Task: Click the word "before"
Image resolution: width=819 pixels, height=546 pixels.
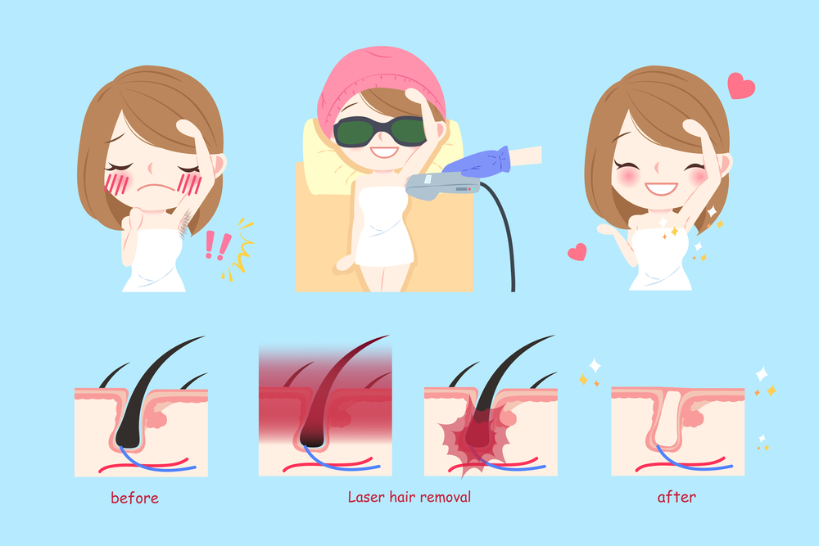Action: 134,498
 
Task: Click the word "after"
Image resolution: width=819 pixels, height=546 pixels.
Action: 676,496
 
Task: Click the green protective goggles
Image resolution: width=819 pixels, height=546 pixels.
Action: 380,131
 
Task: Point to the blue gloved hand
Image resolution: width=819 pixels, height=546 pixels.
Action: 478,162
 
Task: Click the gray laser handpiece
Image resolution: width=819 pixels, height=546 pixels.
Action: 442,186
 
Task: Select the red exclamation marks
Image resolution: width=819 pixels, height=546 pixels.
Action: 217,246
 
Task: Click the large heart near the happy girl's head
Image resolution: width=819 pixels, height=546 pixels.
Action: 740,86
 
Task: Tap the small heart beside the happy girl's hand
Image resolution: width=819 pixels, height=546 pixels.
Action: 577,252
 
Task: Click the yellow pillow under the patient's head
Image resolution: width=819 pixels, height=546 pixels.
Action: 340,156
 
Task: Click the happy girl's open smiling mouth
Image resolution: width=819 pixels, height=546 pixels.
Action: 661,188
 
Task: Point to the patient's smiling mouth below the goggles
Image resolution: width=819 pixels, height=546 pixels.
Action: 384,152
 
